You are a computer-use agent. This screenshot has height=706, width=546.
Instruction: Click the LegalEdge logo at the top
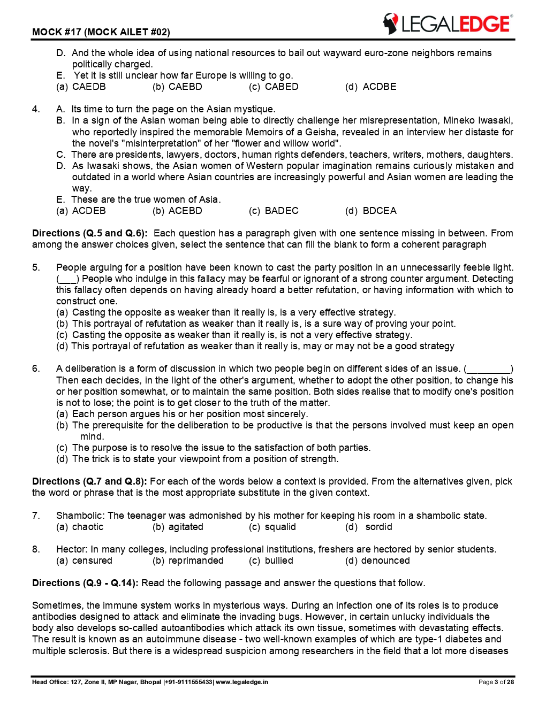pos(447,24)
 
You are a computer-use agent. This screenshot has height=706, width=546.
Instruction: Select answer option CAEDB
pos(89,87)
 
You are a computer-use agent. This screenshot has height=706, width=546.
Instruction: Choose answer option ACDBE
pos(380,87)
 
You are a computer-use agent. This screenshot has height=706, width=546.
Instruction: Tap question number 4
pos(36,109)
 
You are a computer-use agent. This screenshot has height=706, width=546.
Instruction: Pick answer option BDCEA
pos(380,211)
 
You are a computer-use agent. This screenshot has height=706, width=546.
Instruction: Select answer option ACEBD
pos(185,211)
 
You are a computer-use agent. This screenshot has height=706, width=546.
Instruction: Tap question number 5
pos(36,267)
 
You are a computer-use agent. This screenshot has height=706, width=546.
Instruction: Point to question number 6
pos(36,369)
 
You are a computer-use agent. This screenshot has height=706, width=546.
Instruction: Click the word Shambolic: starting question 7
pos(80,516)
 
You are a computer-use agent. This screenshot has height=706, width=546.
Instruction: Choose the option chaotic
pos(88,527)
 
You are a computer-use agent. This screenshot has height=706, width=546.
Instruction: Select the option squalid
pos(280,527)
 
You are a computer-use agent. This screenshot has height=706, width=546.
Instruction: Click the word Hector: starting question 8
pos(72,549)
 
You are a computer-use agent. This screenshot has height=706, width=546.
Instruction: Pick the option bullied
pos(279,561)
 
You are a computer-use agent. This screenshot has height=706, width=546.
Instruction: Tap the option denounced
pos(385,561)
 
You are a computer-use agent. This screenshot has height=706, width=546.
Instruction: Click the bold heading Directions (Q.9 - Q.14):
pos(85,583)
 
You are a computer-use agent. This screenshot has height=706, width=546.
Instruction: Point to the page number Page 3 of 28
pos(496,682)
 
